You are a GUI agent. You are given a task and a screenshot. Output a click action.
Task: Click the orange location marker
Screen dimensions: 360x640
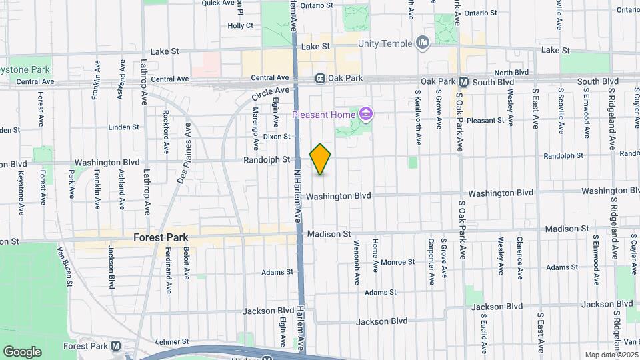pos(321,159)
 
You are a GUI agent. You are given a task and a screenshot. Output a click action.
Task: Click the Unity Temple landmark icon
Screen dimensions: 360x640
pos(422,43)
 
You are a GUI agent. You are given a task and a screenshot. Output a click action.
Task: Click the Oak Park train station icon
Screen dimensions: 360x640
pos(321,79)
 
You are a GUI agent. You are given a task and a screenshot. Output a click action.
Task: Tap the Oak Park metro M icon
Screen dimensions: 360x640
pos(464,82)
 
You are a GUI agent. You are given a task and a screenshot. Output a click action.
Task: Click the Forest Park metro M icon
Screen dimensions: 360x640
pos(116,346)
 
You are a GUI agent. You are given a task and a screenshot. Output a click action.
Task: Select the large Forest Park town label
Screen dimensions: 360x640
pos(161,237)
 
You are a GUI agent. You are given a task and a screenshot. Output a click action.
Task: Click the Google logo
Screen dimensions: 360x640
pos(23,351)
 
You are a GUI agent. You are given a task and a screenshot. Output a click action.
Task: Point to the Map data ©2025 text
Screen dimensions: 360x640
pos(611,355)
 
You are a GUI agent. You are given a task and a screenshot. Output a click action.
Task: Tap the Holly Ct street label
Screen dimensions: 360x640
pos(241,26)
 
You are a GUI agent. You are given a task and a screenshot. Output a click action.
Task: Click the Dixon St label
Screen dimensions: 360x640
pos(277,137)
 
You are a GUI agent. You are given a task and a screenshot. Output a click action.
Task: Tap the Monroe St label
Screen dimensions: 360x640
pos(399,262)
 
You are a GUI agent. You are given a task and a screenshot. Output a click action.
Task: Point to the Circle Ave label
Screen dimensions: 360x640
pos(271,97)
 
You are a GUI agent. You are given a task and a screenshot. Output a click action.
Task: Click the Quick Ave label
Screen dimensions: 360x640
pos(219,3)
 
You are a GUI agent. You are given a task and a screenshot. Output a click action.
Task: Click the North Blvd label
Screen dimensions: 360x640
pos(512,72)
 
